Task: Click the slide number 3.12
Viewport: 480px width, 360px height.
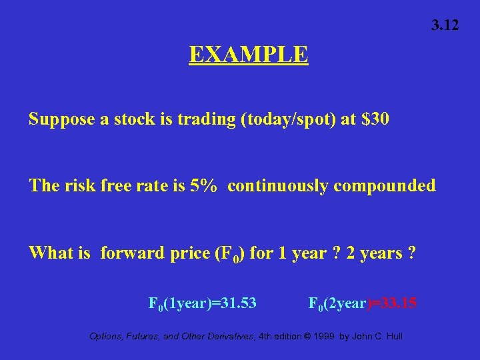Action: (445, 26)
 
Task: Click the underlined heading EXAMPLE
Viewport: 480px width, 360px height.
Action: (248, 54)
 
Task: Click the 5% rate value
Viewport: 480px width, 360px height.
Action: (203, 185)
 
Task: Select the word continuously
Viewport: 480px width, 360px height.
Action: (278, 185)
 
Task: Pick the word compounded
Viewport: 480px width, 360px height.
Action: (385, 185)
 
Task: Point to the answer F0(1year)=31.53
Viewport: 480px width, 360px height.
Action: (202, 303)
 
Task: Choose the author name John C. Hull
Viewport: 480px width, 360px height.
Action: (377, 336)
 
